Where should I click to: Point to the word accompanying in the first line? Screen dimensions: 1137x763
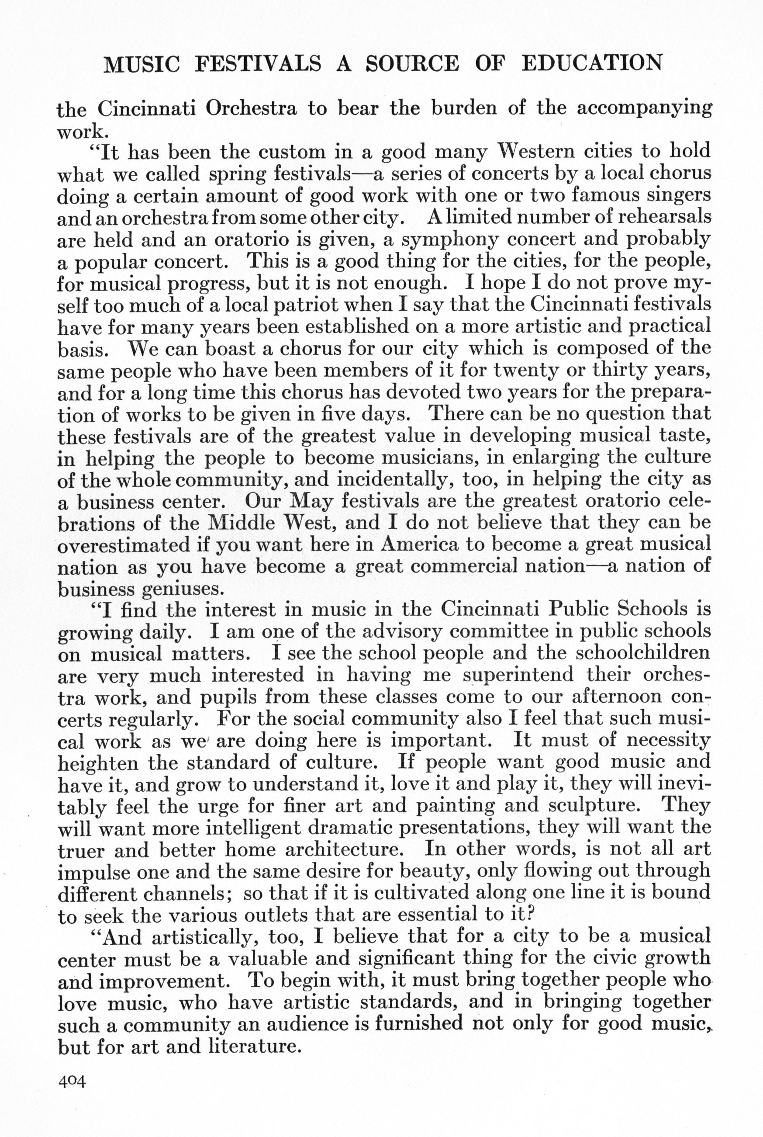coord(644,109)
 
